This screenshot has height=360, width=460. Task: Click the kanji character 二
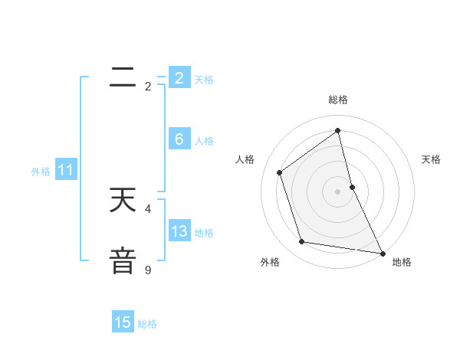(x=123, y=77)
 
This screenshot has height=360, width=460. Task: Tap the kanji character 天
(x=123, y=200)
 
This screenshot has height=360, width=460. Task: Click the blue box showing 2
(x=179, y=77)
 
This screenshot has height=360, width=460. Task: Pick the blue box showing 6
(x=179, y=139)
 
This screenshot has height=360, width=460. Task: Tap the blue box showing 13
(x=179, y=231)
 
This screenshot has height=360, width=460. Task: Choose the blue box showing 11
(x=66, y=171)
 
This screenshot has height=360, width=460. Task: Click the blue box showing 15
(x=123, y=322)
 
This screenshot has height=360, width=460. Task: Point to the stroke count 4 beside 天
(x=148, y=208)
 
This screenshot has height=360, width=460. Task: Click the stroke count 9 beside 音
(x=148, y=270)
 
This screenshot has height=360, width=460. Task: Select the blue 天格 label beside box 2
(x=204, y=80)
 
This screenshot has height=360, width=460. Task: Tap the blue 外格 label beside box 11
(x=41, y=172)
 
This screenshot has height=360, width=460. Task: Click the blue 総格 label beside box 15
(x=147, y=324)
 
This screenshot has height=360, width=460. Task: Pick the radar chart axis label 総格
(x=338, y=100)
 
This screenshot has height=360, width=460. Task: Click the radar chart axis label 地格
(x=402, y=262)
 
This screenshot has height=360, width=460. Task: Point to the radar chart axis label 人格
(x=245, y=159)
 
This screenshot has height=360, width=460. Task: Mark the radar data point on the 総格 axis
(x=338, y=130)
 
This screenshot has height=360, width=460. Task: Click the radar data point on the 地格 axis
(x=382, y=253)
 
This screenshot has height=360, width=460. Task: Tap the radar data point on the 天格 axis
(x=352, y=186)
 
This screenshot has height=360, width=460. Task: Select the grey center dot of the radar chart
(x=338, y=191)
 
